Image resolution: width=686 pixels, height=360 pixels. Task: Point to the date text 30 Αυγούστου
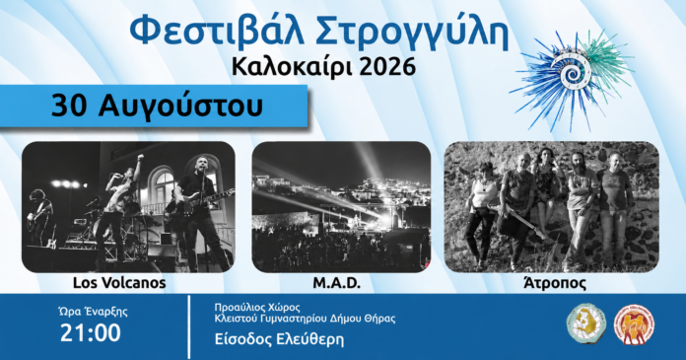pos(157,106)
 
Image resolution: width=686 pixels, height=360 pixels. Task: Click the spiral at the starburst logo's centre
pos(572,74)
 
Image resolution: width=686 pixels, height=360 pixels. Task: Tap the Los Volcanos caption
pos(119,283)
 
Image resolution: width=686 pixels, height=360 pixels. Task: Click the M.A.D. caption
pos(337,283)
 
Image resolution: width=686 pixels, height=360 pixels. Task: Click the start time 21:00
pos(91,332)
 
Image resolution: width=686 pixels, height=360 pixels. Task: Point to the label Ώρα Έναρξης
pos(93,312)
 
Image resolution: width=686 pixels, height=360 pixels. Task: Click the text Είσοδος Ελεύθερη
pos(279,339)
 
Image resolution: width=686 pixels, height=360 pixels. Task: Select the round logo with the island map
pos(586,324)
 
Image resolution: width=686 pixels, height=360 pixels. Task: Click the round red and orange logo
pos(634,324)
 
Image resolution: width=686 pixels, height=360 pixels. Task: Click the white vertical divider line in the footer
pos(189,326)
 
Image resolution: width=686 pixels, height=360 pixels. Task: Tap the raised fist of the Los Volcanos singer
pos(140,157)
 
